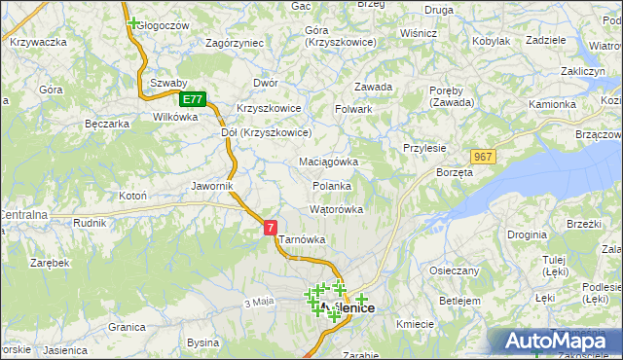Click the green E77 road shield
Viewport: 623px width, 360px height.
[193, 99]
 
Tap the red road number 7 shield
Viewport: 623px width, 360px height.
[271, 227]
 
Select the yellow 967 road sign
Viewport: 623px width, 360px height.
[482, 157]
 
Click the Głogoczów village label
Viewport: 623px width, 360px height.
[163, 25]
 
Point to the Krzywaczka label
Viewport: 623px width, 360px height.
[37, 42]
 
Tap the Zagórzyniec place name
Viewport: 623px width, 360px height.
[235, 43]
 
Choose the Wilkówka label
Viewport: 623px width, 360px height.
[175, 117]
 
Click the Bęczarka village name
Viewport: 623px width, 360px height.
[107, 124]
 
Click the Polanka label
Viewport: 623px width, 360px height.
[331, 186]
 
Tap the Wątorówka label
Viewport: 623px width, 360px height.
[336, 209]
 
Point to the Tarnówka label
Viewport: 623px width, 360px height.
[301, 239]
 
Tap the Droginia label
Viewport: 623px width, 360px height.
[526, 235]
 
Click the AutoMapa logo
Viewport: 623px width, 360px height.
[555, 342]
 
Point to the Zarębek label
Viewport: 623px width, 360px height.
[49, 263]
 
